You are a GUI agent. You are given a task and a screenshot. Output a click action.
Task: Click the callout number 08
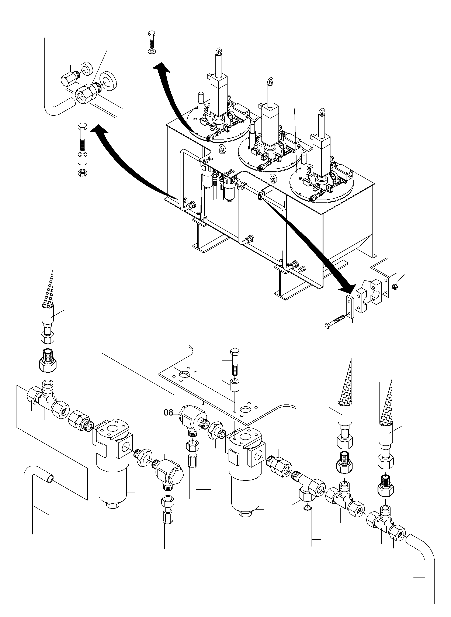(169, 412)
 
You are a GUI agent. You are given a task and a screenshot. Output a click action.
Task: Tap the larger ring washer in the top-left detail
(108, 80)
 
